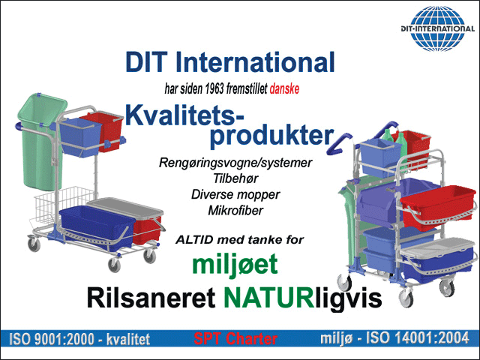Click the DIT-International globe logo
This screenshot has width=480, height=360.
(438, 28)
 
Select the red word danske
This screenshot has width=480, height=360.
(284, 88)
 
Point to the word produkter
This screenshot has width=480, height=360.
(271, 136)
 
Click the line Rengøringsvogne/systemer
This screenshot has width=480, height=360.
(235, 163)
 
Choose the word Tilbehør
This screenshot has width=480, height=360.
(235, 178)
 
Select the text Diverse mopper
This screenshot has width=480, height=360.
(235, 195)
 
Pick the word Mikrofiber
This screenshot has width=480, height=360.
(235, 210)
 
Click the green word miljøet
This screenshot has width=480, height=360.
(235, 265)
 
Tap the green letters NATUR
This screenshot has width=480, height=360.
(268, 298)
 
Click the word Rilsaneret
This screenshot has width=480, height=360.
(151, 298)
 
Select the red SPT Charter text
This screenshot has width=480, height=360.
(235, 339)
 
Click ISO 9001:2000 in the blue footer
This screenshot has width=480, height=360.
(52, 339)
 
